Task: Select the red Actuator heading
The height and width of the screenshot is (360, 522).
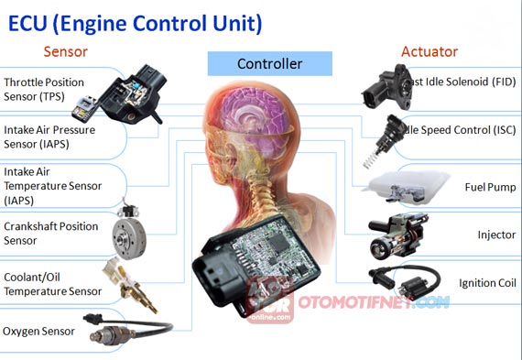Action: [429, 51]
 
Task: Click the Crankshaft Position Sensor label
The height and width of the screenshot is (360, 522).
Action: [51, 233]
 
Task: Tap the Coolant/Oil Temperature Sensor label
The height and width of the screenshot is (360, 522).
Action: [52, 283]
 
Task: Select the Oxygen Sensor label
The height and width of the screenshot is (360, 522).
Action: [38, 331]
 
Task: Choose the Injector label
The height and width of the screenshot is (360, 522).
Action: [496, 235]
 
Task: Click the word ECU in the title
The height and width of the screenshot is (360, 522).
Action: [34, 20]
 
